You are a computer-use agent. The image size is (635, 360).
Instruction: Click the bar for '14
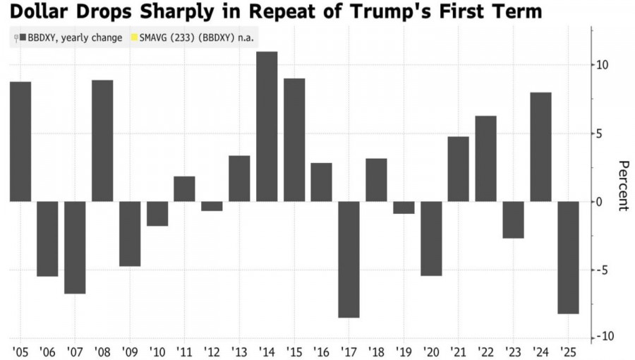pyautogui.click(x=267, y=127)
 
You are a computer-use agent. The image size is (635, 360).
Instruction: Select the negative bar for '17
pyautogui.click(x=349, y=259)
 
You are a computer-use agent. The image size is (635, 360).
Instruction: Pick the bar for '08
pyautogui.click(x=102, y=140)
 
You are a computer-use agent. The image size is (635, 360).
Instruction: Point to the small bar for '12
pyautogui.click(x=212, y=206)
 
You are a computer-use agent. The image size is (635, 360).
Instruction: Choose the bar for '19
pyautogui.click(x=404, y=208)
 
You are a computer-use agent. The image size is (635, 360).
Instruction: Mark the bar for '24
pyautogui.click(x=540, y=147)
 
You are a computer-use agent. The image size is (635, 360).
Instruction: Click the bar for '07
pyautogui.click(x=75, y=247)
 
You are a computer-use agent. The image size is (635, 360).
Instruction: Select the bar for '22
pyautogui.click(x=485, y=159)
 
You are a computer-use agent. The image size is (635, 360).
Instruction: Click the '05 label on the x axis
pyautogui.click(x=20, y=350)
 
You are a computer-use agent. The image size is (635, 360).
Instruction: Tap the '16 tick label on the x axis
pyautogui.click(x=321, y=350)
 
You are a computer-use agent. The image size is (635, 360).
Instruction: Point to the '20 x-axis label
pyautogui.click(x=430, y=350)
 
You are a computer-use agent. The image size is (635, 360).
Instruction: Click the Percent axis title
pyautogui.click(x=623, y=185)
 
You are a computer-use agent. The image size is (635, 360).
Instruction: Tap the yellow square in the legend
pyautogui.click(x=133, y=37)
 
